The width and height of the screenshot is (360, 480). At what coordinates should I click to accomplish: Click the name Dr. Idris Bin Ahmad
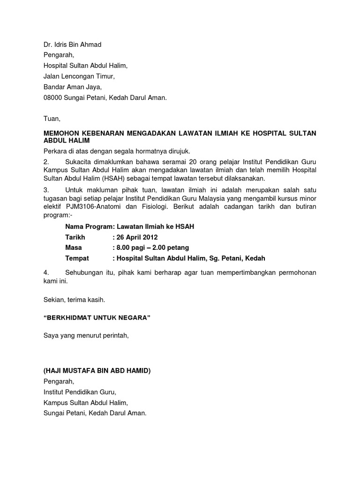[x=72, y=45]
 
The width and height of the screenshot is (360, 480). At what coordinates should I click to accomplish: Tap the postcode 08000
[x=54, y=98]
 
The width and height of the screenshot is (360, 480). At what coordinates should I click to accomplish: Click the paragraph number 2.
[x=46, y=162]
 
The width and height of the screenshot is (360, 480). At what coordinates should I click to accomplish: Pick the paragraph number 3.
[x=46, y=190]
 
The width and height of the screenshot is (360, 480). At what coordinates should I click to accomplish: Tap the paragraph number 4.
[x=46, y=272]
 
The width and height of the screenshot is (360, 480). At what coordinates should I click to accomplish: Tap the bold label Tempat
[x=77, y=258]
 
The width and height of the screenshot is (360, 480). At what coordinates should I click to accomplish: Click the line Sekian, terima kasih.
[x=74, y=299]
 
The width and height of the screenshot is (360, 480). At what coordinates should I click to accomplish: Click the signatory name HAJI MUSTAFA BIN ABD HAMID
[x=97, y=371]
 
